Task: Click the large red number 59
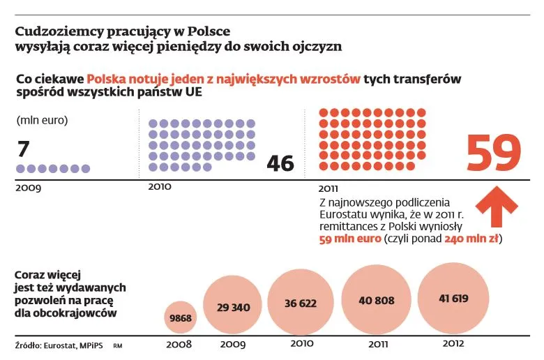pyautogui.click(x=493, y=153)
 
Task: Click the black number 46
pyautogui.click(x=280, y=163)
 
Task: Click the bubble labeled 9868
pyautogui.click(x=181, y=317)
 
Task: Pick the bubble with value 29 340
pyautogui.click(x=232, y=306)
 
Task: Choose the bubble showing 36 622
pyautogui.click(x=301, y=303)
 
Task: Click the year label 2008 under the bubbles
pyautogui.click(x=181, y=344)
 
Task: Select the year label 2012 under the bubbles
pyautogui.click(x=453, y=343)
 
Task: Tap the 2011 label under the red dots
pyautogui.click(x=328, y=188)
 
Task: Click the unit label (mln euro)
pyautogui.click(x=42, y=119)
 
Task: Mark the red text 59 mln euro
pyautogui.click(x=348, y=239)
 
